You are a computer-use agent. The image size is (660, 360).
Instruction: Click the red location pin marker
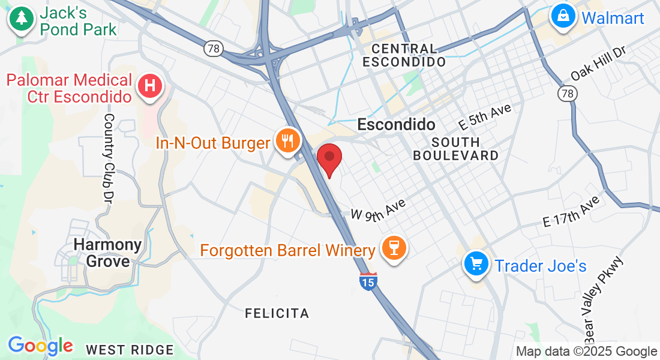tap(329, 158)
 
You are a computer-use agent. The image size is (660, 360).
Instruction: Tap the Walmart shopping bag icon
tap(563, 16)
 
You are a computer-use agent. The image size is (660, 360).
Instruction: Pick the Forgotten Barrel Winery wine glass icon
tap(394, 248)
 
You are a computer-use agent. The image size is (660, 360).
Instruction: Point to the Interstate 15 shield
tap(368, 280)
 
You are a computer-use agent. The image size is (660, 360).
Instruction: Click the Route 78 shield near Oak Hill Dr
tap(567, 93)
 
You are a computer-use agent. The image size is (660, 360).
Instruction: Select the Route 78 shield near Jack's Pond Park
tap(213, 48)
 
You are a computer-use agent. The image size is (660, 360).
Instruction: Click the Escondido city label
tap(396, 125)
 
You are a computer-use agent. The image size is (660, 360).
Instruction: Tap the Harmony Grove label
tap(108, 253)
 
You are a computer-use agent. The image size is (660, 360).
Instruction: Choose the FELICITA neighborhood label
tap(277, 313)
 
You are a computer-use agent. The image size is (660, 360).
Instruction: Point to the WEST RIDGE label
tap(130, 350)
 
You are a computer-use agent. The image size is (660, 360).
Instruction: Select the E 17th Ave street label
tap(571, 211)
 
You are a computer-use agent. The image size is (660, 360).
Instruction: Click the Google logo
tap(40, 346)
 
